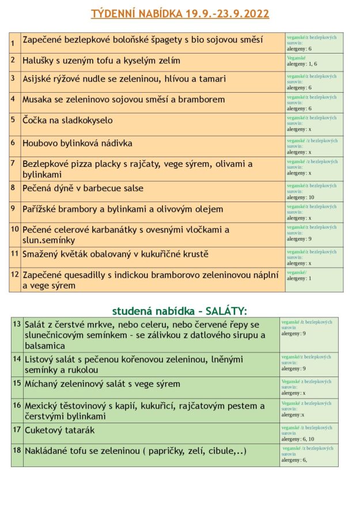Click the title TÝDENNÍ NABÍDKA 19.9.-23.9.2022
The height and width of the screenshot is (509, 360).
click(180, 14)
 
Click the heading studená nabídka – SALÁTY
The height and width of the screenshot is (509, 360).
click(179, 311)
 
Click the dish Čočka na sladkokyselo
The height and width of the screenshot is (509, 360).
click(67, 120)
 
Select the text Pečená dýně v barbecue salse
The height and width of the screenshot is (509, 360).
click(83, 188)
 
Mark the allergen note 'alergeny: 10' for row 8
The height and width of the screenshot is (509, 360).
click(301, 197)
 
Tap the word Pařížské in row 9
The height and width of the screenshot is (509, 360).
click(41, 209)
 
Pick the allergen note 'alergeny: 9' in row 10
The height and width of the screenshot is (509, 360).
click(300, 239)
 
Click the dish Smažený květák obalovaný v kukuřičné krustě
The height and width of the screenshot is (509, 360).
click(115, 254)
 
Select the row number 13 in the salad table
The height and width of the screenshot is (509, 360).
click(17, 324)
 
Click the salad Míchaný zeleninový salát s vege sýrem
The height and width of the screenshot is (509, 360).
click(102, 383)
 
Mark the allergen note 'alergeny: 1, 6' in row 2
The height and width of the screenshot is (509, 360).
click(302, 64)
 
